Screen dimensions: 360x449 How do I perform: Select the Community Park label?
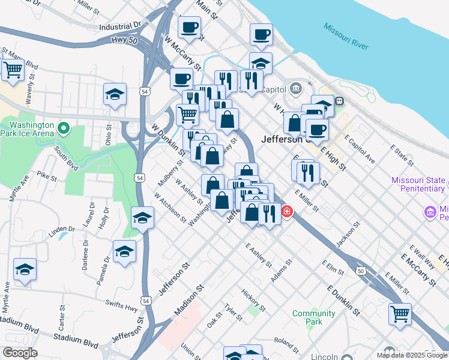tap(313, 317)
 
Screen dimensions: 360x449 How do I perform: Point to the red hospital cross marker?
tap(288, 212)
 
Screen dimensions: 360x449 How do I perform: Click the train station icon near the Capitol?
tap(340, 101)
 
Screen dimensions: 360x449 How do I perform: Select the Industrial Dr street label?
tap(119, 26)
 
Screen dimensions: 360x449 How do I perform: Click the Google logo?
tap(19, 353)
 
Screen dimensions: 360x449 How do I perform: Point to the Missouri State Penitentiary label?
tap(418, 184)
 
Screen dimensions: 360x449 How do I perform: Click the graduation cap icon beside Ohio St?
tap(115, 94)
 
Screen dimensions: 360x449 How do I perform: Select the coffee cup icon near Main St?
tap(190, 28)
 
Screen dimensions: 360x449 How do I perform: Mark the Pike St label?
tap(46, 177)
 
